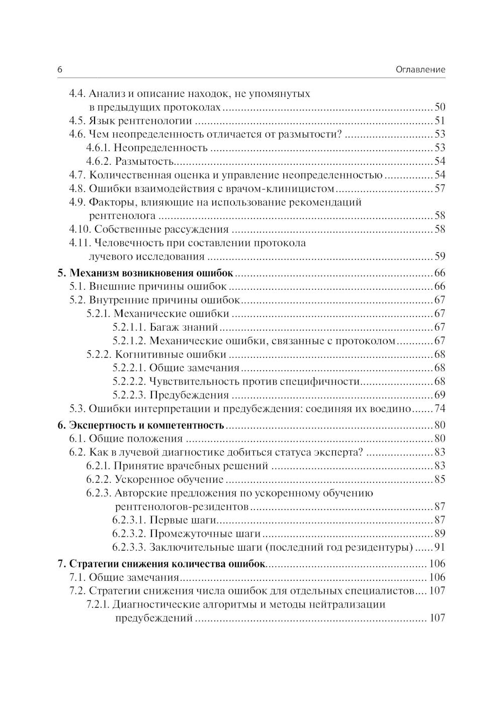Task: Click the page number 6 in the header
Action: (60, 70)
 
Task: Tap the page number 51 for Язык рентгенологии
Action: (440, 121)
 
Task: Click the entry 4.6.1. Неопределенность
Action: (146, 148)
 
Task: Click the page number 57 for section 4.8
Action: (440, 188)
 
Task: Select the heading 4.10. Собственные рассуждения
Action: (148, 230)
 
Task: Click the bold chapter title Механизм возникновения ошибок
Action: (151, 273)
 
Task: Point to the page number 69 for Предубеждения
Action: (440, 395)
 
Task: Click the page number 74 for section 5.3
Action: (440, 409)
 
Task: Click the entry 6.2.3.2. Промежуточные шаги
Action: (186, 534)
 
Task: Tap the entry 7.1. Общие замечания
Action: (124, 577)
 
